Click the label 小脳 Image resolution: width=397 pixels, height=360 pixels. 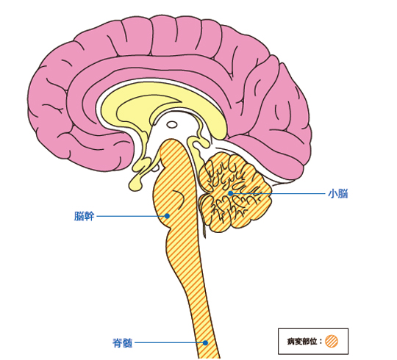pyautogui.click(x=337, y=194)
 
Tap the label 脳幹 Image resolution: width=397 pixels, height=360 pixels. pyautogui.click(x=84, y=216)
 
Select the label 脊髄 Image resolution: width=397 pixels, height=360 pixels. pyautogui.click(x=122, y=343)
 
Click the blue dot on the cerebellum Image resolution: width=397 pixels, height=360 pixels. pyautogui.click(x=230, y=193)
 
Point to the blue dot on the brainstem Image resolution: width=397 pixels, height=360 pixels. pyautogui.click(x=167, y=216)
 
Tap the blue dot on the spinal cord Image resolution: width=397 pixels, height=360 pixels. pyautogui.click(x=205, y=343)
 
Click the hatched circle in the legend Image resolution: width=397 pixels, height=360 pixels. pyautogui.click(x=332, y=342)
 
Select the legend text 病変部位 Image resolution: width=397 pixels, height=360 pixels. pyautogui.click(x=302, y=342)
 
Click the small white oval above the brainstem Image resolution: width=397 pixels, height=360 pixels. pyautogui.click(x=172, y=125)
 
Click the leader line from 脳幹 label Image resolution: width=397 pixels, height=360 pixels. pyautogui.click(x=132, y=216)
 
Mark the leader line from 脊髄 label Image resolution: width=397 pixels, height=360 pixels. pyautogui.click(x=170, y=343)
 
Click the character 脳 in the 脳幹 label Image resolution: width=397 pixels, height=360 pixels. pyautogui.click(x=79, y=216)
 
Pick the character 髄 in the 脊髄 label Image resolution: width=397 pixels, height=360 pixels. pyautogui.click(x=128, y=343)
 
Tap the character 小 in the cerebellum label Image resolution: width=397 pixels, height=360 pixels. pyautogui.click(x=333, y=194)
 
